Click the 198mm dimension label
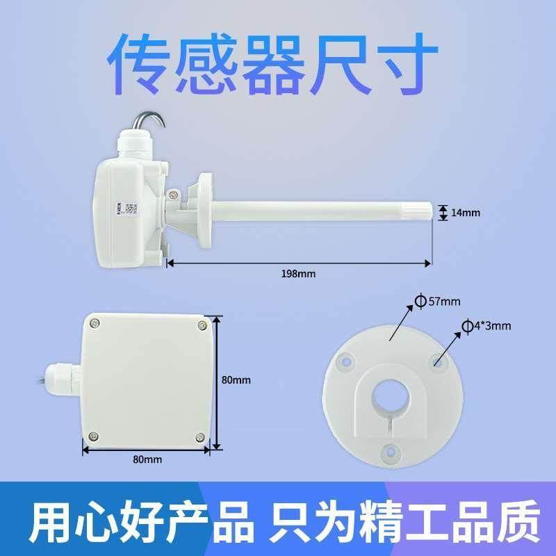click(298, 274)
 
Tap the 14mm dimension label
click(466, 213)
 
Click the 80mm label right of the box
click(236, 380)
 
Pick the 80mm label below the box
click(147, 460)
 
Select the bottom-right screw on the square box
click(200, 437)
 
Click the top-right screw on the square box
click(202, 325)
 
